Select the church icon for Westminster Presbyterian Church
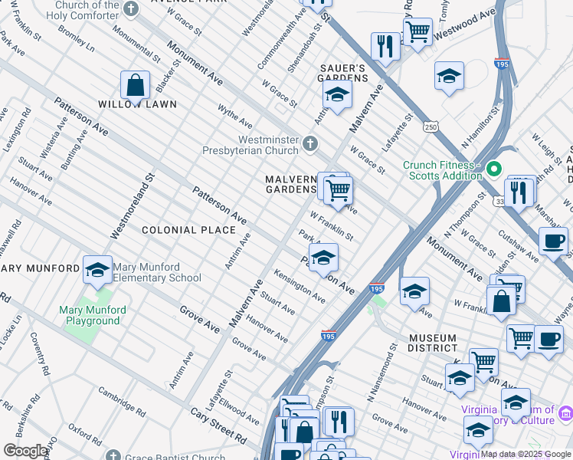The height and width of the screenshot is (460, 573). [309, 143]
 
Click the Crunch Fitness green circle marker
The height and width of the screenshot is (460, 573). [494, 168]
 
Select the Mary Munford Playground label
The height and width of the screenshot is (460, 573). [93, 315]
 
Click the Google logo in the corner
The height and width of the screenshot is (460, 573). [25, 451]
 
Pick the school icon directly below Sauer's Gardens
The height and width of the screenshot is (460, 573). [336, 95]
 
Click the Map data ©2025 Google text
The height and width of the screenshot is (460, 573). [526, 454]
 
